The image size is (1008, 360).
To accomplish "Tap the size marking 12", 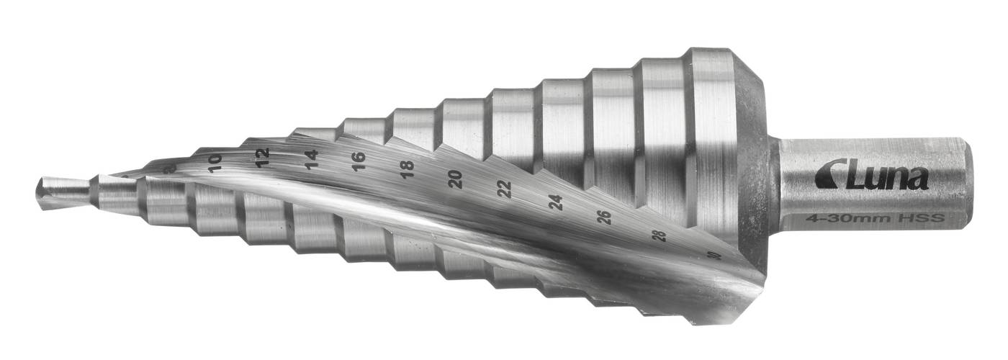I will [x=262, y=154].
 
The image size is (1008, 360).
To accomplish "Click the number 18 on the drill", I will [x=407, y=170].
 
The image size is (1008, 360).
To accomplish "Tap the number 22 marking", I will [x=505, y=189].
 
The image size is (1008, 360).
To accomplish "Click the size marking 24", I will [x=555, y=202].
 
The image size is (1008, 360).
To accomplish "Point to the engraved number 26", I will [x=606, y=217].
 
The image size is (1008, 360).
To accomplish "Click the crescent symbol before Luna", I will [x=827, y=174].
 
